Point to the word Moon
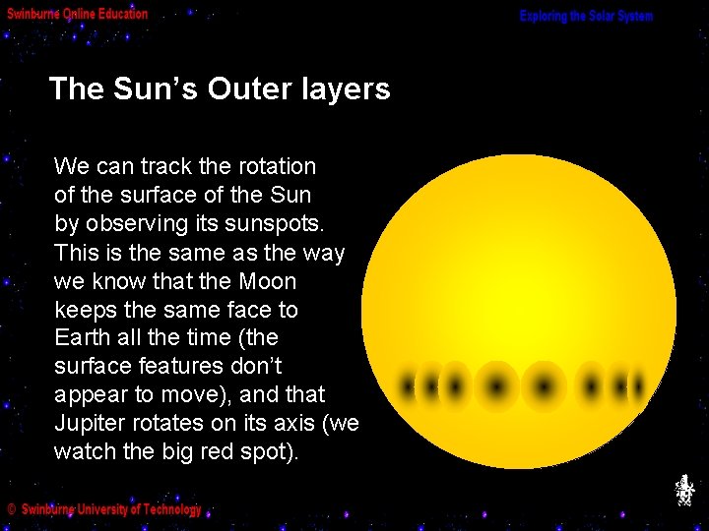tap(267, 281)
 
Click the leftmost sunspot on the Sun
tap(407, 385)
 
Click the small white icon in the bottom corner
tap(683, 490)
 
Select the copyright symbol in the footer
tap(11, 509)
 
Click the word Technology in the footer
tap(170, 509)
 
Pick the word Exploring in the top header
tap(545, 17)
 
